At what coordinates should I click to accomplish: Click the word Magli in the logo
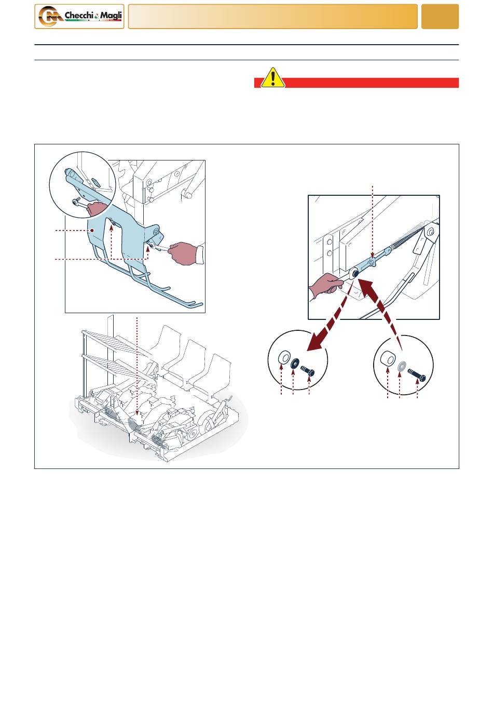coord(111,15)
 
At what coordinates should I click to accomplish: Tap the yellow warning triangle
coord(272,77)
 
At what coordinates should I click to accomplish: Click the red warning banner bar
coord(357,83)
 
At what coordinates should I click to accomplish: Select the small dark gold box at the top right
coord(440,17)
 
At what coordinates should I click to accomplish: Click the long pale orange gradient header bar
coord(272,17)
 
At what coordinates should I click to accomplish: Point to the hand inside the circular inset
coord(97,208)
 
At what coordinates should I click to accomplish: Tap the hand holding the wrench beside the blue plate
coord(183,253)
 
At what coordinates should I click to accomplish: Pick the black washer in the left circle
coord(295,363)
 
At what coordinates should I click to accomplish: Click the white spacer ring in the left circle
coord(284,357)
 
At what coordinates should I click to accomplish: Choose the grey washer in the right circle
coord(401,366)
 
